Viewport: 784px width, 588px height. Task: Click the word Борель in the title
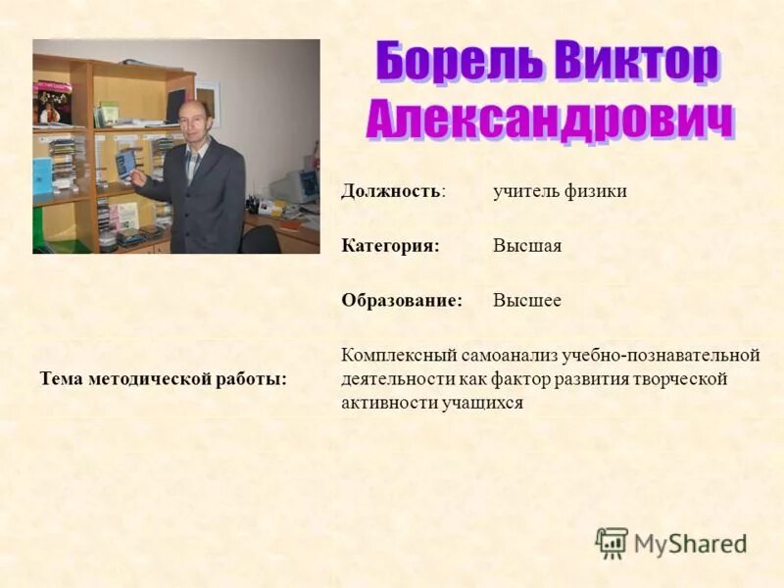tap(460, 63)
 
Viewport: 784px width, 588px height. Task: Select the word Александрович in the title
tap(550, 121)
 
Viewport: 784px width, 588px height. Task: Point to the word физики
tap(596, 191)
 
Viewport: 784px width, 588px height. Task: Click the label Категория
tap(389, 246)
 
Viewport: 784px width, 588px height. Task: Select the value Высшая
tap(527, 246)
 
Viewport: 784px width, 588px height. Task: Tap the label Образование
tap(402, 301)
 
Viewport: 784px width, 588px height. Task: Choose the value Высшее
tap(527, 301)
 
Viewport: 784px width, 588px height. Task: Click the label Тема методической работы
tap(164, 379)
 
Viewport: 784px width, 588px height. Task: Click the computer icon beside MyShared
tap(612, 542)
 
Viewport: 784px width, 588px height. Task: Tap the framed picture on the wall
tap(207, 102)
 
